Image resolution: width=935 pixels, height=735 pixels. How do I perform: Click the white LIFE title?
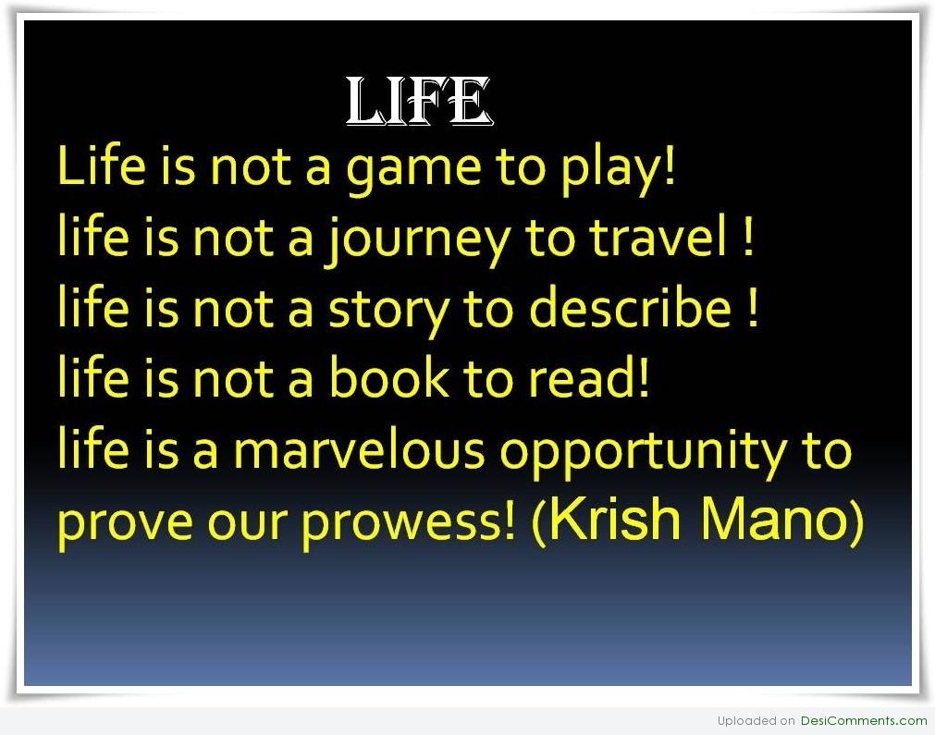point(420,102)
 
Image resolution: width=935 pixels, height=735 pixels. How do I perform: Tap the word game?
point(413,170)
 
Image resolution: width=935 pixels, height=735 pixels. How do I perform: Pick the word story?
point(388,312)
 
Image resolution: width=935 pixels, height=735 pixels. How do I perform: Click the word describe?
point(631,306)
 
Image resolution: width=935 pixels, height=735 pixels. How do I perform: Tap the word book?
point(389,376)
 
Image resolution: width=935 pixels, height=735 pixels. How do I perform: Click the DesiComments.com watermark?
point(864,721)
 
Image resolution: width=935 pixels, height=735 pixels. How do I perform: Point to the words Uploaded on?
point(757,721)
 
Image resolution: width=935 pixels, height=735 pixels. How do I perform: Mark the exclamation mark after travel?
point(748,236)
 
